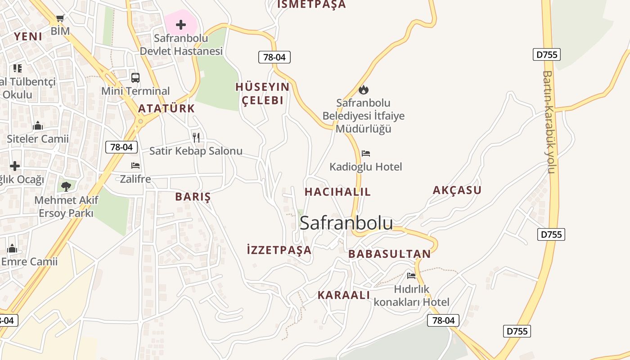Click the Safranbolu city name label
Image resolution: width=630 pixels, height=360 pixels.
[346, 223]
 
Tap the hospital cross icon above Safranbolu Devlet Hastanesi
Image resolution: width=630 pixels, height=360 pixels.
[181, 25]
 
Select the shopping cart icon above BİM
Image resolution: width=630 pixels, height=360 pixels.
[60, 18]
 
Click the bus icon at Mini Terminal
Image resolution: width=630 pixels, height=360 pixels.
[135, 78]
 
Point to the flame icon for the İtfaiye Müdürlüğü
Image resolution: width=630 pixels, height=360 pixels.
[364, 90]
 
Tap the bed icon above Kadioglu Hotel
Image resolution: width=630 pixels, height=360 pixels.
[366, 153]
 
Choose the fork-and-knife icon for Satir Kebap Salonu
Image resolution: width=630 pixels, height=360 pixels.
[196, 138]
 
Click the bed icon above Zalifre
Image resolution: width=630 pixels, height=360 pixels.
[135, 166]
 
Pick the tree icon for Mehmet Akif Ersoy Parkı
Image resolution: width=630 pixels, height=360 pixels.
[66, 186]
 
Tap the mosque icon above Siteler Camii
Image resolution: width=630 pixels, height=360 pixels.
[38, 126]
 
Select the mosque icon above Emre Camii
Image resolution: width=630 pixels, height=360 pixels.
[12, 248]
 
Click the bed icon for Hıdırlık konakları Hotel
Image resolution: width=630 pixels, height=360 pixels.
[411, 275]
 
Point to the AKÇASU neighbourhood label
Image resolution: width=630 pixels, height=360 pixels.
[457, 190]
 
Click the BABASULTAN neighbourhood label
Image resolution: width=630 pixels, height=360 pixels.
[390, 254]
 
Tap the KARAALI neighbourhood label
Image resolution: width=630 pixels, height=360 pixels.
[344, 295]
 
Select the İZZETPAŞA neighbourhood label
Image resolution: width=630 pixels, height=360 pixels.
[279, 250]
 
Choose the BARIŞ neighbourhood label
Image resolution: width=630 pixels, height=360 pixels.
[193, 197]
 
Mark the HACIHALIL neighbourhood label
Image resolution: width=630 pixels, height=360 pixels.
[337, 192]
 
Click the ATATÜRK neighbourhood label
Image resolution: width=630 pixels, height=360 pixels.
[166, 108]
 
